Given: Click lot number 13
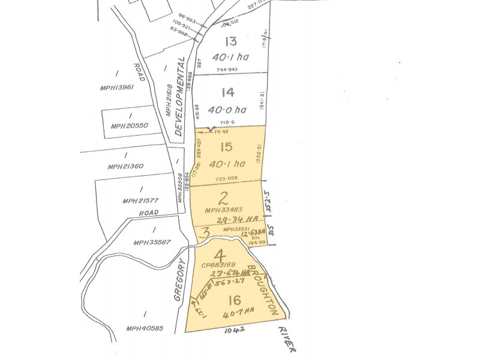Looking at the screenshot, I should [231, 41].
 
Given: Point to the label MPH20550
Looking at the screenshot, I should [129, 125].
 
